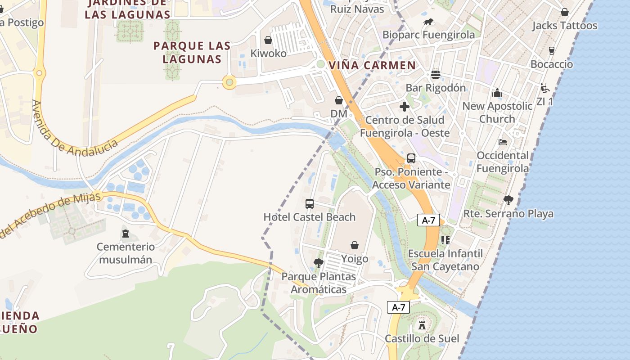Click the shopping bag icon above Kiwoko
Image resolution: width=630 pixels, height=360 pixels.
268,40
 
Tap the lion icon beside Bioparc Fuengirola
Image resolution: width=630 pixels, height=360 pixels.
428,22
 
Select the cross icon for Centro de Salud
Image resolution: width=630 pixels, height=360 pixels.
405,107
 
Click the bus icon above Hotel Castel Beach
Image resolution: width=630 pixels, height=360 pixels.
310,203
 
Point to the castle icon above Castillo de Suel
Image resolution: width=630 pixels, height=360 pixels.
422,325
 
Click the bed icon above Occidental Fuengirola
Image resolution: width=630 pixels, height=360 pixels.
503,142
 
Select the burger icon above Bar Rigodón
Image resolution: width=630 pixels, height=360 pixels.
436,74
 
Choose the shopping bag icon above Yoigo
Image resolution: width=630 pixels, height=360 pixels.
355,245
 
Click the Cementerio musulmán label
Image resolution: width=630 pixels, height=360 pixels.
126,253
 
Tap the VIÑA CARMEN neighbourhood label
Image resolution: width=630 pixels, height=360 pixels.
372,65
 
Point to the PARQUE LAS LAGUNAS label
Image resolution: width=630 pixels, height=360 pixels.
192,52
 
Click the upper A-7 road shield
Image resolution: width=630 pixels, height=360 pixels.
428,220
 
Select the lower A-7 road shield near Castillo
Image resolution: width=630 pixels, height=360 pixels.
399,307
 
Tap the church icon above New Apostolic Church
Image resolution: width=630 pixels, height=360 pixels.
497,93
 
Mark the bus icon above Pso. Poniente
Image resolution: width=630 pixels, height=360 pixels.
411,158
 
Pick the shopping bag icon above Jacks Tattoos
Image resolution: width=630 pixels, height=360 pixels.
565,12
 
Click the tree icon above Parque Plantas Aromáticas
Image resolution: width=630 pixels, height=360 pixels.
319,263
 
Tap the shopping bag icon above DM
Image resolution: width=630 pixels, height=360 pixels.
339,100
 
